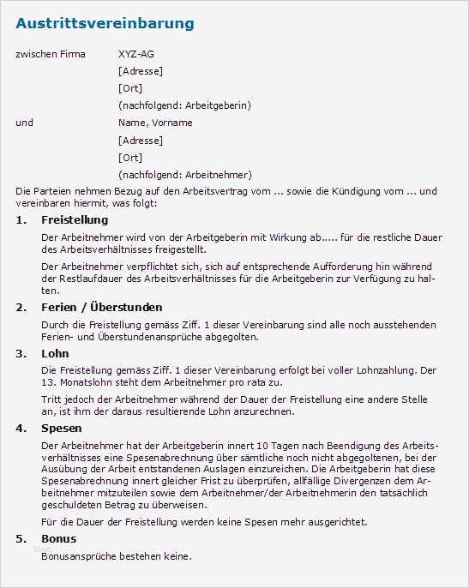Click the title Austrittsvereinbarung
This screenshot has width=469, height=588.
pyautogui.click(x=105, y=23)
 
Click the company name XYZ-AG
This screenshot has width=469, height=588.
pyautogui.click(x=136, y=54)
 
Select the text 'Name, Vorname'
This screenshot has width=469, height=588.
pyautogui.click(x=155, y=123)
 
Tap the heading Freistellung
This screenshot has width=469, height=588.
pyautogui.click(x=75, y=220)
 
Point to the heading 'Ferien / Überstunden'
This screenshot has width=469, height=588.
pyautogui.click(x=101, y=307)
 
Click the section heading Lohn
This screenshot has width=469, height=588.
pyautogui.click(x=55, y=353)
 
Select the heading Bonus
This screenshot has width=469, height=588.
pyautogui.click(x=59, y=538)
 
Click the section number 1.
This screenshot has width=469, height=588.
pyautogui.click(x=21, y=220)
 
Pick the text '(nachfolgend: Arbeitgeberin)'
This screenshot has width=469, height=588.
pyautogui.click(x=184, y=105)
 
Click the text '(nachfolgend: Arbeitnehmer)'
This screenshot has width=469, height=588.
pyautogui.click(x=184, y=174)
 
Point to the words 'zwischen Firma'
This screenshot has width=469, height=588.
pyautogui.click(x=51, y=54)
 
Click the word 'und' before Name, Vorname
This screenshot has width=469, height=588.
pyautogui.click(x=25, y=123)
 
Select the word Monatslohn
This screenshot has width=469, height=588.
pyautogui.click(x=85, y=383)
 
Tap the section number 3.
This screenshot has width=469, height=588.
pyautogui.click(x=21, y=353)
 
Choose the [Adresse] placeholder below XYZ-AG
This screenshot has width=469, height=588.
pyautogui.click(x=141, y=71)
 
